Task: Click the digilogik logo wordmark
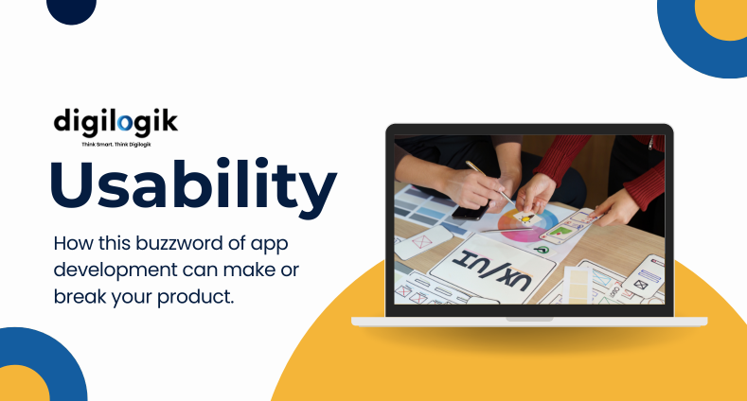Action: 115,122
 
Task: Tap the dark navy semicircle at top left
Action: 71,9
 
